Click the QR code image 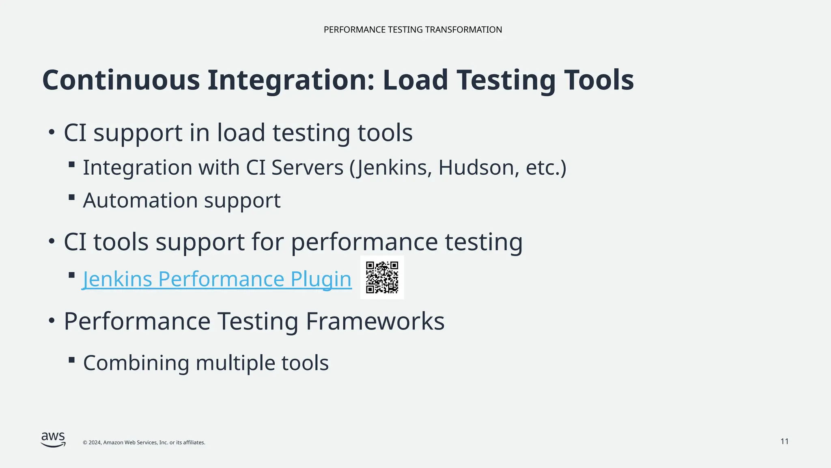pyautogui.click(x=382, y=277)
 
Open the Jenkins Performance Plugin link pyautogui.click(x=217, y=279)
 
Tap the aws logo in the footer pyautogui.click(x=53, y=440)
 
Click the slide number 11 pyautogui.click(x=784, y=442)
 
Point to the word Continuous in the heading pyautogui.click(x=121, y=80)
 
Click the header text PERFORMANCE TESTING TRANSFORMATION pyautogui.click(x=413, y=30)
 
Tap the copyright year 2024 pyautogui.click(x=95, y=442)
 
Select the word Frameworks pyautogui.click(x=375, y=321)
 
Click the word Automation pyautogui.click(x=140, y=200)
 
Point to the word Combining pyautogui.click(x=136, y=363)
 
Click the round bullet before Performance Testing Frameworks pyautogui.click(x=51, y=321)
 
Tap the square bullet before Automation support pyautogui.click(x=72, y=197)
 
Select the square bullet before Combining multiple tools pyautogui.click(x=72, y=360)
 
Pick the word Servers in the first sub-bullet pyautogui.click(x=307, y=167)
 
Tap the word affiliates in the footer pyautogui.click(x=193, y=442)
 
